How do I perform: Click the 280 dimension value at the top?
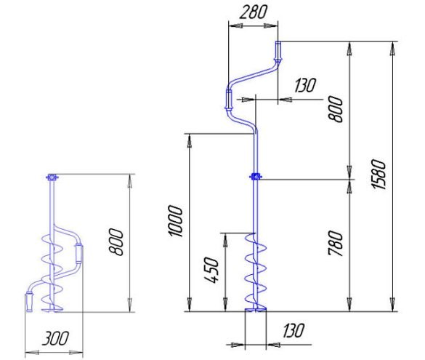coord(253,12)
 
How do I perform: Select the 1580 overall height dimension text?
coord(379,175)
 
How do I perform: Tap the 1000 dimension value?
coord(175,221)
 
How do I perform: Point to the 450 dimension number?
coord(211,270)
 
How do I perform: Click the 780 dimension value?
coord(336,244)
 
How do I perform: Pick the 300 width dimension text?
coord(55,338)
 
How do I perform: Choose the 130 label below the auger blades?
coord(294,330)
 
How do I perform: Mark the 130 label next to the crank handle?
coord(305,85)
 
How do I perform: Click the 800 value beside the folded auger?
coord(116,241)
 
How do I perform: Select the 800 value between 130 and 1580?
coord(336,109)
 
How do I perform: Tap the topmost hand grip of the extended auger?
coord(278,52)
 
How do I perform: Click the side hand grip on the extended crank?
coord(229,100)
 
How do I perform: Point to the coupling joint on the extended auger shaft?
coord(256,177)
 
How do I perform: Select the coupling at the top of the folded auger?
coord(52,177)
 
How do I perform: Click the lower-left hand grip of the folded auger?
coord(29,303)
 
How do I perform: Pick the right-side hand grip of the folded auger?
coord(79,253)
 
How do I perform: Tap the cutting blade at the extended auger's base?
coord(256,309)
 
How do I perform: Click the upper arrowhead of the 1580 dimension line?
coord(392,49)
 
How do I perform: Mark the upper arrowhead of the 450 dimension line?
coord(225,240)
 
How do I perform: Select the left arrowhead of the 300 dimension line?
coord(32,353)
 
